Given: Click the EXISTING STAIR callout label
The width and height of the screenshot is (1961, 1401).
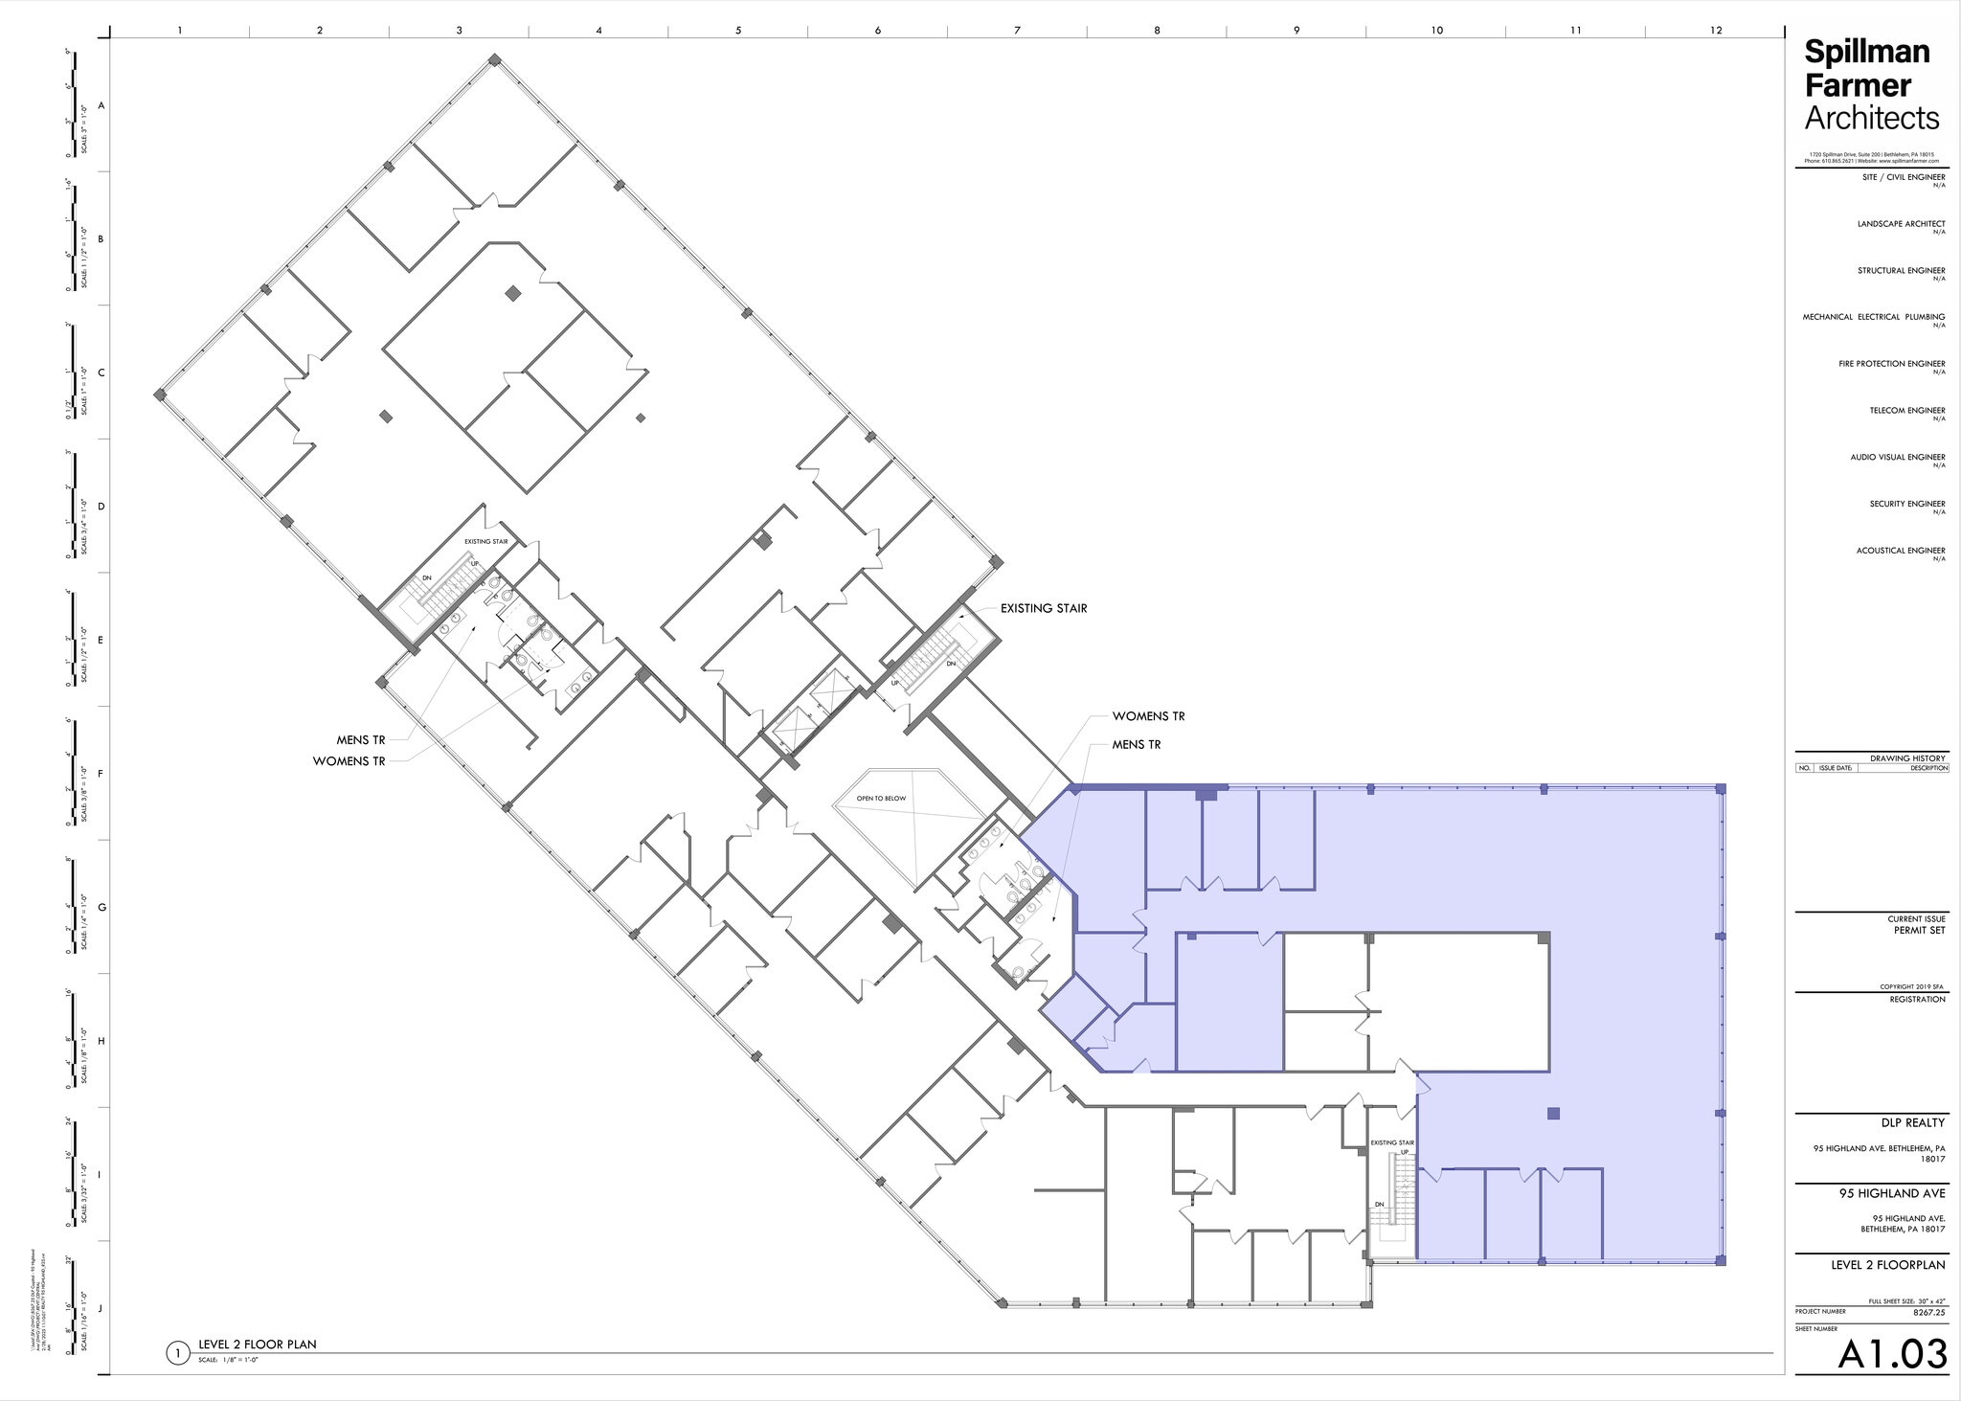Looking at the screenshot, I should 1043,608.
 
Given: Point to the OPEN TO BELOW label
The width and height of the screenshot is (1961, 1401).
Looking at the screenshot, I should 881,798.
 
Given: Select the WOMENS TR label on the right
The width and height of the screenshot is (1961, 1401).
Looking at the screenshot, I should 1148,716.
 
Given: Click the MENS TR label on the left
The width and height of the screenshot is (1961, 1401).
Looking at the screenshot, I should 361,740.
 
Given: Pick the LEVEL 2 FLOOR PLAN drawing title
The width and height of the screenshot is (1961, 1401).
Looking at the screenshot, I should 257,1345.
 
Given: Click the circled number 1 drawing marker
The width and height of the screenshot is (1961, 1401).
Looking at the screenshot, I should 177,1353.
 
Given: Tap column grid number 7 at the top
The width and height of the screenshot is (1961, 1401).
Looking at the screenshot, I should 1017,31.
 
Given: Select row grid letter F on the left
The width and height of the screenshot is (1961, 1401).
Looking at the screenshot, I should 101,774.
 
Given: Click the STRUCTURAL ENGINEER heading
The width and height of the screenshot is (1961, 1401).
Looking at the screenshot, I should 1901,271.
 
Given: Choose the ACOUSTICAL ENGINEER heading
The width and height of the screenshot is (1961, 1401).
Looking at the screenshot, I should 1900,551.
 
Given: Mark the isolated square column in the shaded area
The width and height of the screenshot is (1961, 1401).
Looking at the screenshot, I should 1553,1113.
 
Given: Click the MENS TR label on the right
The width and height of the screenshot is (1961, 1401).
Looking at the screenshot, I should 1137,744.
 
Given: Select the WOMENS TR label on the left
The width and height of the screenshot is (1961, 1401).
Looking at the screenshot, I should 349,761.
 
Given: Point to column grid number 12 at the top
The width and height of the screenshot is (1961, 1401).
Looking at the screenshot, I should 1715,31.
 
